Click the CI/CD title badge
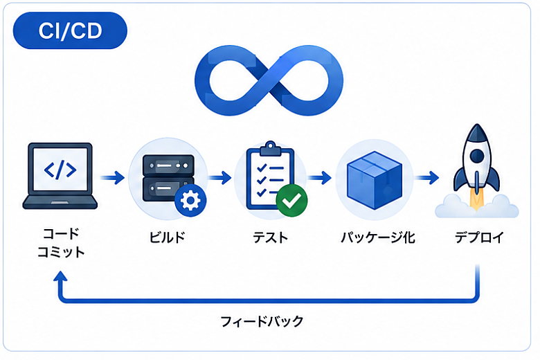70,30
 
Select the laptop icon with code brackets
60,176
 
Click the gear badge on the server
190,201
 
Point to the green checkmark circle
291,201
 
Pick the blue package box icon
375,180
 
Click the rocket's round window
477,156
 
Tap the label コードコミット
61,243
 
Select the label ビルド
167,237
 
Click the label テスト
270,237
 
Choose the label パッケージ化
378,237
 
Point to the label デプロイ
479,237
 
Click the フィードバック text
262,321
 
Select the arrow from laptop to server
113,178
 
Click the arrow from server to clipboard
219,178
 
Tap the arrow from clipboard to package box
320,178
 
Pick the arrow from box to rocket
426,178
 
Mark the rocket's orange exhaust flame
476,201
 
